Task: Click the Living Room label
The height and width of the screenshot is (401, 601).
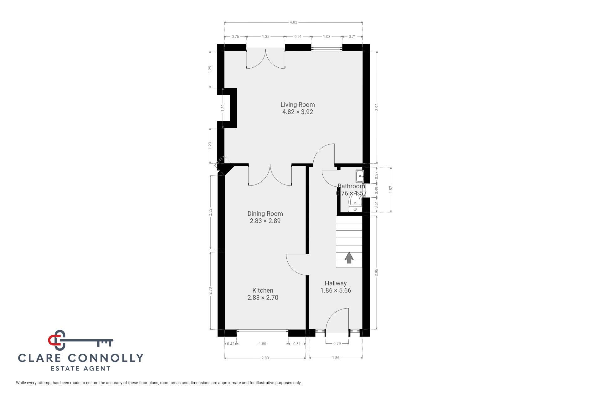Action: click(x=297, y=105)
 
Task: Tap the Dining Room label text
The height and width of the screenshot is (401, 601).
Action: click(x=265, y=214)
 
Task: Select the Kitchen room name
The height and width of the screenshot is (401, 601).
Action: click(x=263, y=290)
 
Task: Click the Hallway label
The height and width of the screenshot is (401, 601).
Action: click(x=336, y=283)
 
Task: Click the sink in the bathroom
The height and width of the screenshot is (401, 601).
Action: click(x=359, y=176)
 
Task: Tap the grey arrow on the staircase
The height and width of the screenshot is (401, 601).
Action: click(x=349, y=258)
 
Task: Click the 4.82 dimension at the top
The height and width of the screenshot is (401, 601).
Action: click(x=293, y=22)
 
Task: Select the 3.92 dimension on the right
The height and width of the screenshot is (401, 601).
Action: click(x=377, y=107)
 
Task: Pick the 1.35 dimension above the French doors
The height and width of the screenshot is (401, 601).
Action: click(x=265, y=37)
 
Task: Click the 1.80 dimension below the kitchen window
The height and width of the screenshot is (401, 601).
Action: click(x=262, y=344)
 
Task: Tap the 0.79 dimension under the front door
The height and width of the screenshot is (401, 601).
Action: click(x=337, y=344)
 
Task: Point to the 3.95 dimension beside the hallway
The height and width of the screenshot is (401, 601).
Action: click(x=377, y=272)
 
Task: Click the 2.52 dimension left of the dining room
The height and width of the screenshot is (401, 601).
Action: click(x=210, y=212)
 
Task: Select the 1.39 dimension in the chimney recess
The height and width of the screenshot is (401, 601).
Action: click(x=223, y=107)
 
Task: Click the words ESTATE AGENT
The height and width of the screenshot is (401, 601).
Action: click(x=81, y=368)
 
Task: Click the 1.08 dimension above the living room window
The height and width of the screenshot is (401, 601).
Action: click(x=326, y=37)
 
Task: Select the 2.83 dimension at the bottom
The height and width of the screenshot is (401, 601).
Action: click(x=265, y=358)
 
